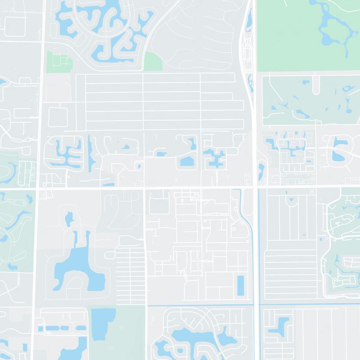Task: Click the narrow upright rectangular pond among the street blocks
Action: click(240, 286)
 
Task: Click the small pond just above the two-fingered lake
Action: click(69, 219)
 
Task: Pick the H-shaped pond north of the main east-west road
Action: click(214, 157)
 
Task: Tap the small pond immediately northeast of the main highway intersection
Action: click(261, 170)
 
